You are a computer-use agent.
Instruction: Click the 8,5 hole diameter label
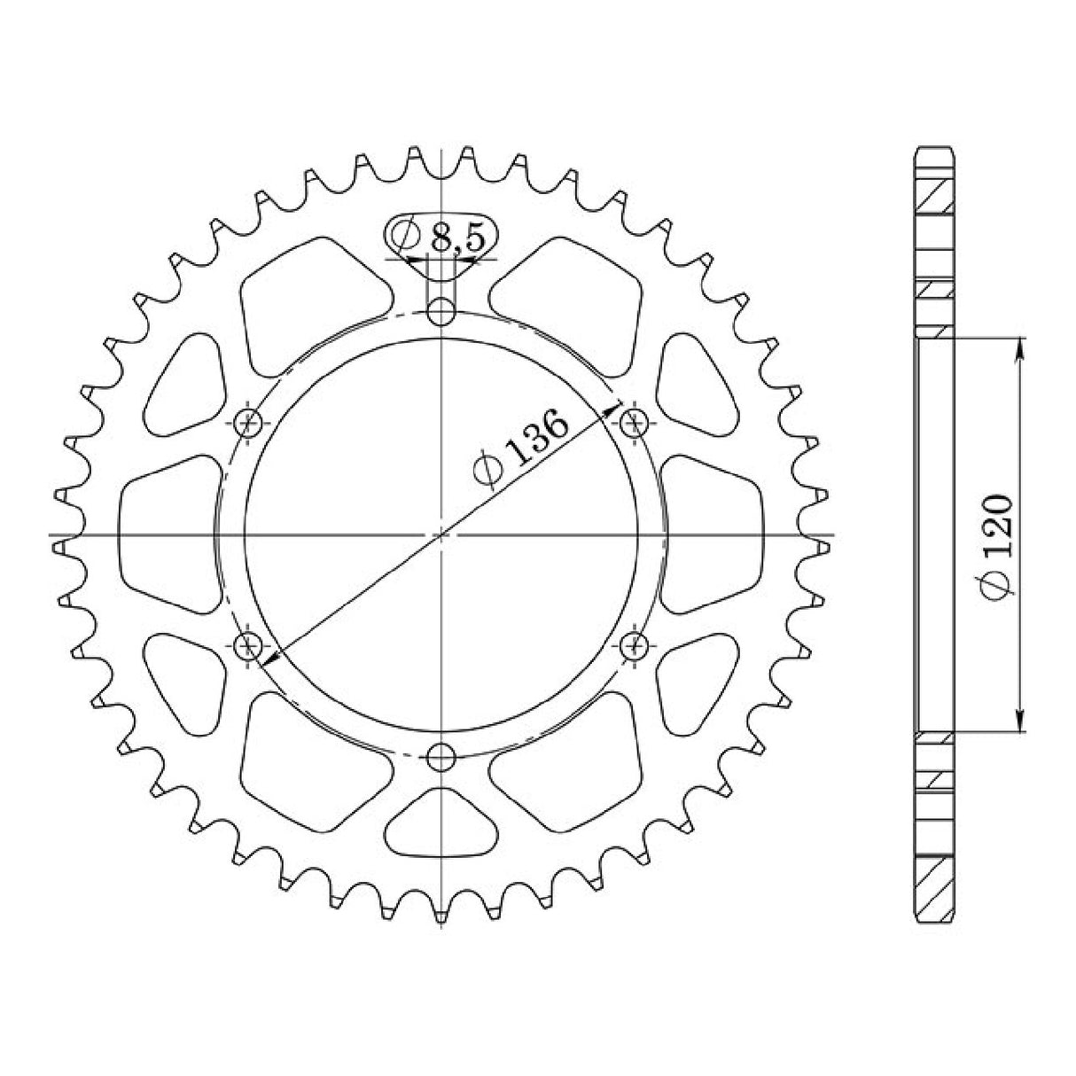click(456, 237)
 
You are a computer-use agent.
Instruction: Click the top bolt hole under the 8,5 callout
click(441, 312)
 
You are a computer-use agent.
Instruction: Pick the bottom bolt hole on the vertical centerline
click(441, 757)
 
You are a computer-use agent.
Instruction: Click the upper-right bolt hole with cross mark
click(633, 423)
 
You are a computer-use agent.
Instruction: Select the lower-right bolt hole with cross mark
click(633, 646)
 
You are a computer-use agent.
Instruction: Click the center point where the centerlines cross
click(441, 535)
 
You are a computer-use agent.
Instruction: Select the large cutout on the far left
click(168, 534)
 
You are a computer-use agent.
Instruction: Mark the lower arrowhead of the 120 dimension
click(1022, 722)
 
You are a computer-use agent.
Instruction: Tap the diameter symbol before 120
click(996, 588)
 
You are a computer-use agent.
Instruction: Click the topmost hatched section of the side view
click(934, 195)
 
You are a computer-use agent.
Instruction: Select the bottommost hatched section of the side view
click(934, 888)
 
